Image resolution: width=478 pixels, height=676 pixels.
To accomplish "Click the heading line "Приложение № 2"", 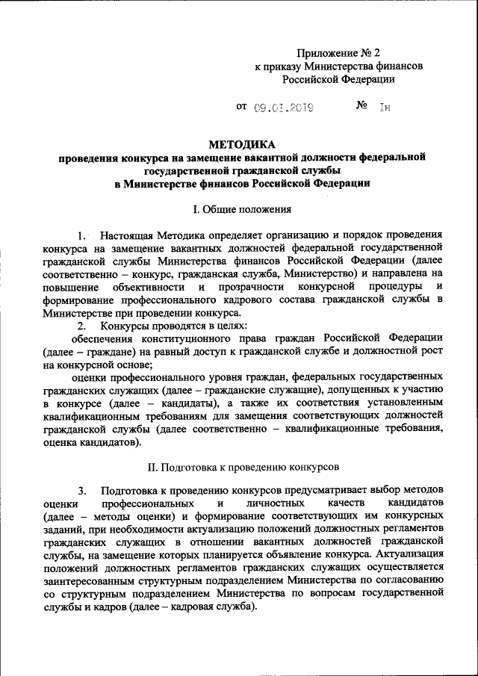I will (x=338, y=53).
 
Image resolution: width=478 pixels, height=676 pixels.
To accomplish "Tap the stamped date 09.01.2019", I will (x=282, y=107).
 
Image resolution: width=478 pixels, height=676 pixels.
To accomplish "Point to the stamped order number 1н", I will (x=385, y=107).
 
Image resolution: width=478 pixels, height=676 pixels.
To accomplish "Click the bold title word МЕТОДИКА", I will (x=242, y=144).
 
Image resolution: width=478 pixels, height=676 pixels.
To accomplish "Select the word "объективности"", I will (x=149, y=287).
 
